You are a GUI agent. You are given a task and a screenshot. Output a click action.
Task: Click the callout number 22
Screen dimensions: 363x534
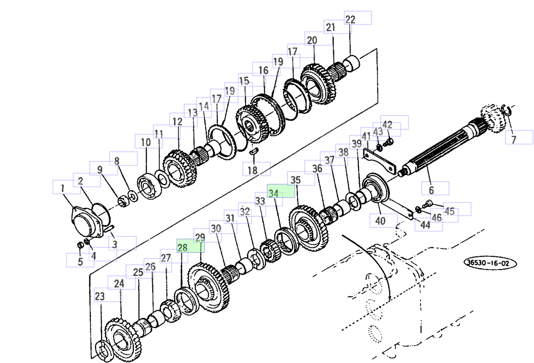pyautogui.click(x=350, y=19)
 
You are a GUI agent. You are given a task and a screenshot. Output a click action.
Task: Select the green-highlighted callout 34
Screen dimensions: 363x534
pyautogui.click(x=275, y=194)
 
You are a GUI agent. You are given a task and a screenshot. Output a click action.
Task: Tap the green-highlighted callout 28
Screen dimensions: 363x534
pyautogui.click(x=183, y=248)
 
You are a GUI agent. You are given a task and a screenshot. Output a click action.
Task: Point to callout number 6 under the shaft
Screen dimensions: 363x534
pyautogui.click(x=431, y=191)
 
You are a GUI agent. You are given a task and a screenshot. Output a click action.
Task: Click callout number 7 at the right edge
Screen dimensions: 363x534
pyautogui.click(x=514, y=139)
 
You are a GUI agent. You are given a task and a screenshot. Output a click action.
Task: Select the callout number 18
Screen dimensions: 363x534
pyautogui.click(x=252, y=170)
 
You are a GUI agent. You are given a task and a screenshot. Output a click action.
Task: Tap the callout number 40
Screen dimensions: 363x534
pyautogui.click(x=380, y=220)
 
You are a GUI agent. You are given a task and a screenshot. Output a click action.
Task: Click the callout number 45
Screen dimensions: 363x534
pyautogui.click(x=449, y=211)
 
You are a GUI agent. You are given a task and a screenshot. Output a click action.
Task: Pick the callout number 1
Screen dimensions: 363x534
pyautogui.click(x=63, y=188)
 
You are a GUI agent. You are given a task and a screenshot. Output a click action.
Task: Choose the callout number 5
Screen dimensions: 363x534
pyautogui.click(x=80, y=261)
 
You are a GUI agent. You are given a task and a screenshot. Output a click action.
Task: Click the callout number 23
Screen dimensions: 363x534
pyautogui.click(x=100, y=296)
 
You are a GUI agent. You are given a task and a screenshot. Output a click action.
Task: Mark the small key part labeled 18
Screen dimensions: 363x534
pyautogui.click(x=254, y=151)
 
